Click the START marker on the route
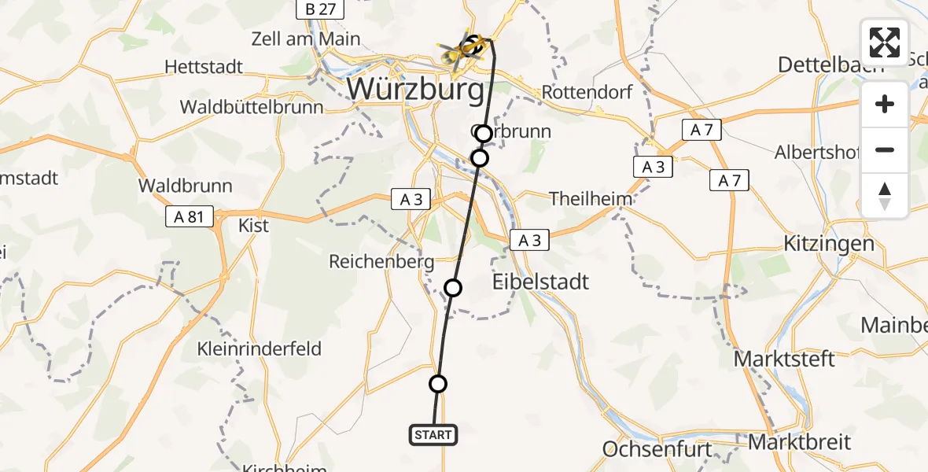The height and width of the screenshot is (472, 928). [x=433, y=434]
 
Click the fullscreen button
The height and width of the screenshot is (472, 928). [x=885, y=42]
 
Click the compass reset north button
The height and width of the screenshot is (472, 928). [x=885, y=196]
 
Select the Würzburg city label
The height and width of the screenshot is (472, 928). [x=415, y=89]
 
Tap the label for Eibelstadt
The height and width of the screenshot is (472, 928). [x=540, y=282]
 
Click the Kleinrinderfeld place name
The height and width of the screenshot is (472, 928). [x=260, y=348]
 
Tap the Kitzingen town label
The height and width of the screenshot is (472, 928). [x=829, y=243]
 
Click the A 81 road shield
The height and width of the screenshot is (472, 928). [x=190, y=216]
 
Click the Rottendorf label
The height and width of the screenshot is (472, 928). [x=587, y=92]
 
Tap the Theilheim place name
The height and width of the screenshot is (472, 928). [x=591, y=199]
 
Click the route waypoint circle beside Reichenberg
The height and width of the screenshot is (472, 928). [x=453, y=288]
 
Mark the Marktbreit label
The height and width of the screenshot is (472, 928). [x=799, y=441]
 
